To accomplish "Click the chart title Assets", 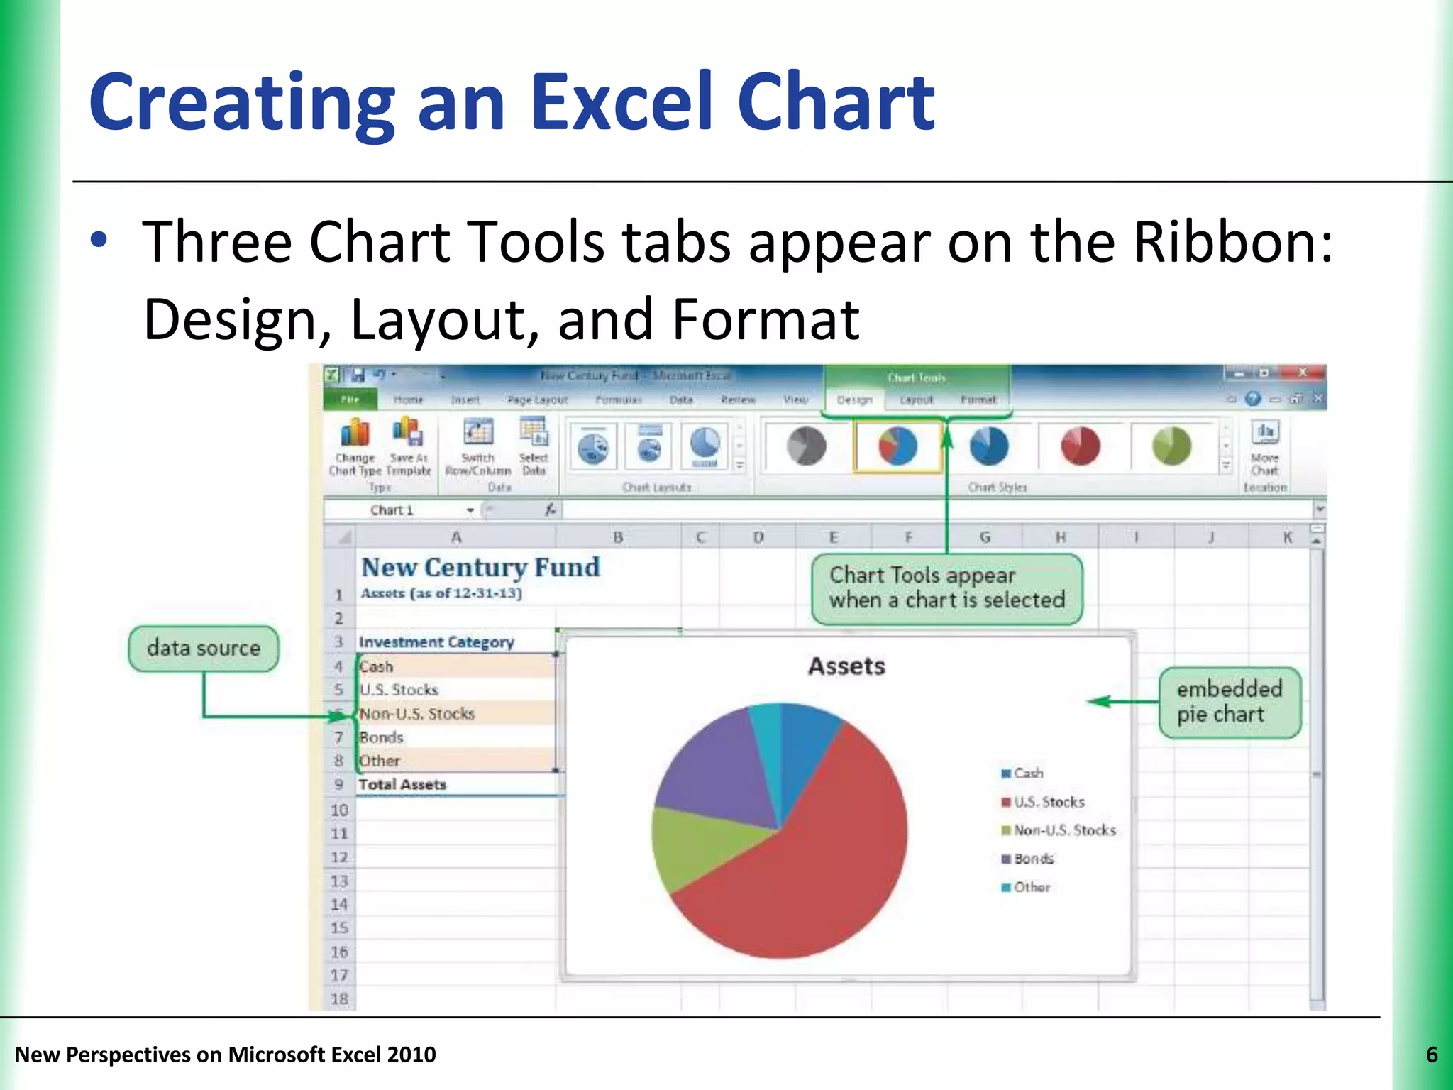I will [x=846, y=666].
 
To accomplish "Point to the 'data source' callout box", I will [x=204, y=649].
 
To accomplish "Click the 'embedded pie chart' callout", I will [x=1230, y=702].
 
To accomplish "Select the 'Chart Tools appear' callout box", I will [x=946, y=588].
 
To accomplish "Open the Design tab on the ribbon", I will [x=854, y=400].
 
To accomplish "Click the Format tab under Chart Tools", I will [x=978, y=400].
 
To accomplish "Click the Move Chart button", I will [x=1265, y=447].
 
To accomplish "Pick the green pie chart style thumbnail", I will [x=1171, y=446].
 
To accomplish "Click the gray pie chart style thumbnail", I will [x=807, y=446].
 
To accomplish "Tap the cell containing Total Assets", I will [x=402, y=785].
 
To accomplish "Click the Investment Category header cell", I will [x=436, y=642].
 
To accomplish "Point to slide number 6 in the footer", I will [x=1432, y=1055].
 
